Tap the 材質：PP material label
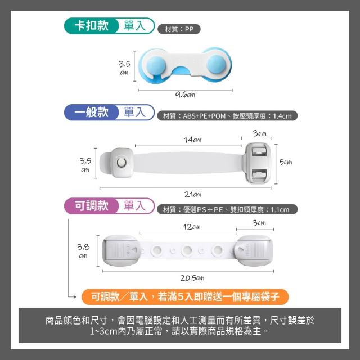(x=179, y=29)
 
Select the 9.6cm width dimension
(x=185, y=94)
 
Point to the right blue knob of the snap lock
(x=216, y=64)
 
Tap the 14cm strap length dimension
(x=192, y=139)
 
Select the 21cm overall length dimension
(x=193, y=195)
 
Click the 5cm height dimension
(x=286, y=162)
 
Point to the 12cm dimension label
(x=192, y=227)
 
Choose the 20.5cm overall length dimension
(x=192, y=278)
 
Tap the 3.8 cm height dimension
(x=83, y=251)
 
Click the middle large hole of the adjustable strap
(x=187, y=250)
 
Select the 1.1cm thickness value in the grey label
(x=280, y=210)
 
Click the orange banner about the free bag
(x=185, y=297)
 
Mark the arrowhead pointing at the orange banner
(x=75, y=297)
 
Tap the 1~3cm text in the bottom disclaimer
(x=103, y=331)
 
